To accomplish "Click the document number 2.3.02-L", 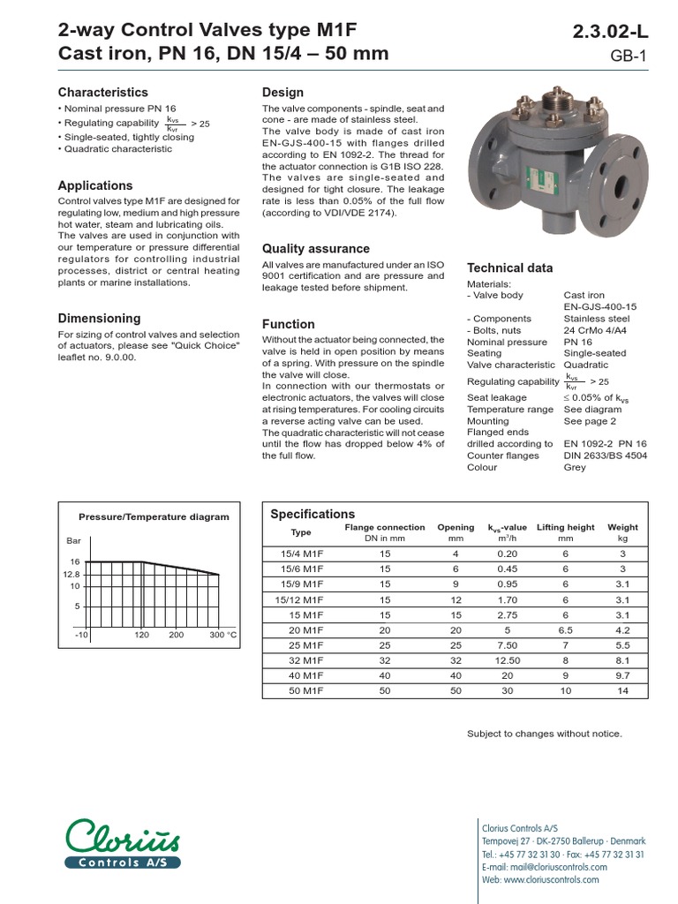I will click(611, 33).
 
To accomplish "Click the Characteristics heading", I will click(103, 93).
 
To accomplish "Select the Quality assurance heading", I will click(316, 249).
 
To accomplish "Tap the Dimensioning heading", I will click(99, 319).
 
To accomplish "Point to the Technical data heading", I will click(510, 268).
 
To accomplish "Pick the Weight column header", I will click(623, 528).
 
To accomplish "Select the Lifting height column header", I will click(566, 528).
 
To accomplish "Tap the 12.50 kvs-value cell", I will click(506, 659).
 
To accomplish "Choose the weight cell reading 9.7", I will click(623, 674).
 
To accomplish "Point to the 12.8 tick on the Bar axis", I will click(70, 574).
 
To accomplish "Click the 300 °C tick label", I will click(223, 635).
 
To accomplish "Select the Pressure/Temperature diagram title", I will click(154, 517).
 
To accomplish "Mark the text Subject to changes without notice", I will click(544, 734).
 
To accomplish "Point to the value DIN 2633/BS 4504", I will click(606, 456).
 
